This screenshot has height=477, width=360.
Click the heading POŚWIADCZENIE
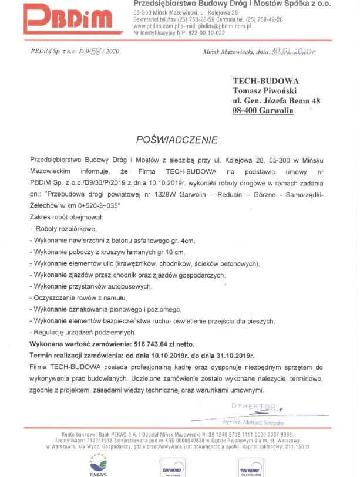click(x=176, y=140)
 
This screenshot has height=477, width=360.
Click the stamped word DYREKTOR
click(x=254, y=406)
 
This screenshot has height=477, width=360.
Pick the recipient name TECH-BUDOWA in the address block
click(x=265, y=81)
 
